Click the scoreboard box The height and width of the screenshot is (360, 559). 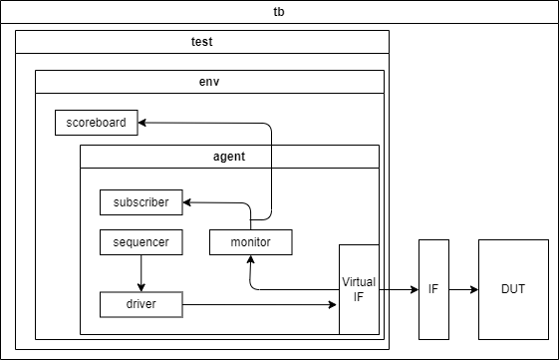coord(96,123)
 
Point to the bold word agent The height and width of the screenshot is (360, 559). coord(228,157)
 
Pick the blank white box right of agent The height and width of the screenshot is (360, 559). coord(325,157)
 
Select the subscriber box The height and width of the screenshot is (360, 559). coord(140,202)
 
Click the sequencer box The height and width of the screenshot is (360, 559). coord(140,242)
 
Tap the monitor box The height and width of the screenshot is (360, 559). coord(250,242)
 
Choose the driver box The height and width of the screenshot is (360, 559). coord(140,304)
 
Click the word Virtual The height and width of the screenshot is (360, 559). coord(359,282)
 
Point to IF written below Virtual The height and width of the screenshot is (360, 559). coord(359,296)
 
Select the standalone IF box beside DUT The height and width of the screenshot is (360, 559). coord(433,289)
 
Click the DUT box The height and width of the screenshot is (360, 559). coord(513,289)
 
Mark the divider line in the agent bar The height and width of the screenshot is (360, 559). coord(271,157)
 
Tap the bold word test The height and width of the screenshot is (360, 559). coord(202,42)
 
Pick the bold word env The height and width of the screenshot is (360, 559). coord(209,82)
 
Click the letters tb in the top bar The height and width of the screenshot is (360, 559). coord(279,12)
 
